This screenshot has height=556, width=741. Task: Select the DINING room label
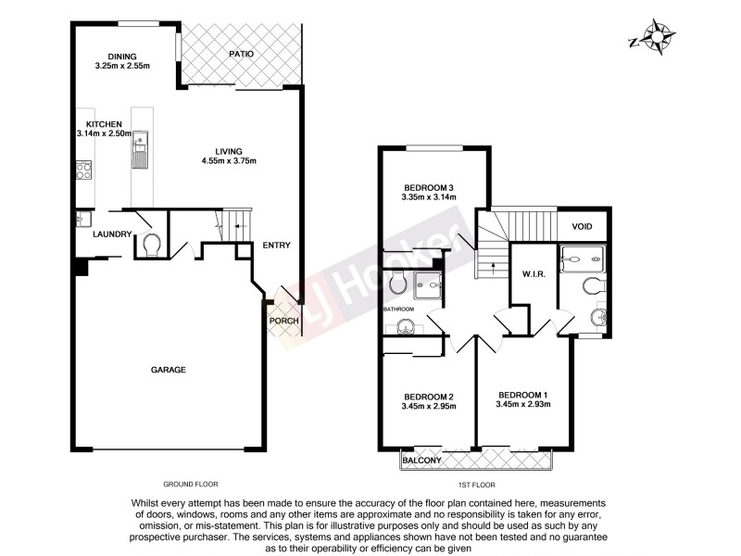[x=122, y=56]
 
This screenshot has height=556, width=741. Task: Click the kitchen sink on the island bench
[x=141, y=149]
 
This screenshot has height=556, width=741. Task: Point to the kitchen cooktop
[x=83, y=170]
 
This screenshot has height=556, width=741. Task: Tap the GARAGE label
[x=169, y=370]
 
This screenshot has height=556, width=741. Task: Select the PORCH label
[x=283, y=322]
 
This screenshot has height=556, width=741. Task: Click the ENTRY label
[x=276, y=246]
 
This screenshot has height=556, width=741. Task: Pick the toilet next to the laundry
[x=152, y=245]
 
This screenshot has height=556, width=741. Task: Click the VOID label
[x=582, y=226]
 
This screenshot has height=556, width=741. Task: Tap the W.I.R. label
[x=532, y=272]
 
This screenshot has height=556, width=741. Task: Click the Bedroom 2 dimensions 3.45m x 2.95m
[x=429, y=406]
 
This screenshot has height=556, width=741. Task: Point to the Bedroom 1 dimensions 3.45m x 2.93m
[x=523, y=404]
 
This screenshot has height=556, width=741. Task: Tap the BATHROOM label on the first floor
[x=399, y=308]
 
